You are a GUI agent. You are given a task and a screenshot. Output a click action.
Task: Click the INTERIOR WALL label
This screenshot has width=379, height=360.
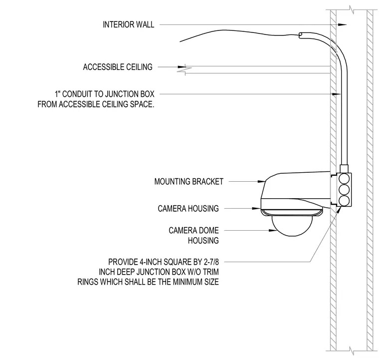(x=128, y=24)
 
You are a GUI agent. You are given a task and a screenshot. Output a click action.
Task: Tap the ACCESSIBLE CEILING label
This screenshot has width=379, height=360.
(x=118, y=67)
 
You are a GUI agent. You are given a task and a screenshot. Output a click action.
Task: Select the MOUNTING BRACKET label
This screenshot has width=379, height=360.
(x=189, y=181)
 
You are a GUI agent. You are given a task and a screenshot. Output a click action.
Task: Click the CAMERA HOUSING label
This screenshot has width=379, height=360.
(x=188, y=208)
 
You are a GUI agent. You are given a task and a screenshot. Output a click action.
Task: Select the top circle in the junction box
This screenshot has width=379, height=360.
(x=344, y=179)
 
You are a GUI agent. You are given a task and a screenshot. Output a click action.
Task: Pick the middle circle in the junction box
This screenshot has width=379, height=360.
(x=344, y=190)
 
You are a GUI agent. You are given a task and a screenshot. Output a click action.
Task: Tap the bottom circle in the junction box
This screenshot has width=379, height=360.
(x=344, y=201)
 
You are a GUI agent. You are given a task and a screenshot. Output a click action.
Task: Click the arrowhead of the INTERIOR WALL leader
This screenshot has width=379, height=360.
(x=342, y=24)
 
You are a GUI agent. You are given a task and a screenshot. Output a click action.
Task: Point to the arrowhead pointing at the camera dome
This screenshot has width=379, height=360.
(x=273, y=230)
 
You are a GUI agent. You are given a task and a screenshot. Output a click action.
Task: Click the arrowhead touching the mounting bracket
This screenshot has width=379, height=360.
(x=261, y=181)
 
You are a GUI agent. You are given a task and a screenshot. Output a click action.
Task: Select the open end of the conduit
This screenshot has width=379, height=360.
(x=300, y=35)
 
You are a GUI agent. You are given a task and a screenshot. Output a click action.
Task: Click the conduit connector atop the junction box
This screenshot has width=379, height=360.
(x=344, y=169)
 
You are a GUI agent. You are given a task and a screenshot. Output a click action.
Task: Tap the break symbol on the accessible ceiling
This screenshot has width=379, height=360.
(x=185, y=70)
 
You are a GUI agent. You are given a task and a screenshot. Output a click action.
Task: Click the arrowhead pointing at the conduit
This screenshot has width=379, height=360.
(x=336, y=94)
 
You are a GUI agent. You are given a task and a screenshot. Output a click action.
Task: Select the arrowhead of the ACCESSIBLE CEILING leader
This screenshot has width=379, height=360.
(x=182, y=67)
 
